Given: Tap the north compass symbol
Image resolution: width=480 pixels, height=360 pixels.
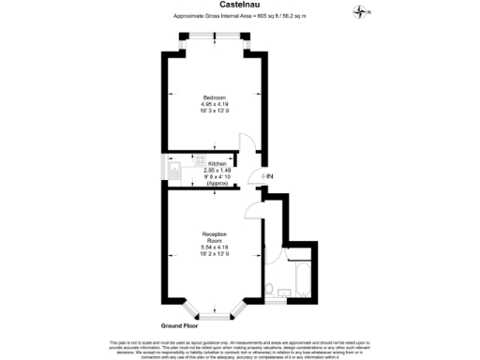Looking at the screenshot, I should tap(363, 11).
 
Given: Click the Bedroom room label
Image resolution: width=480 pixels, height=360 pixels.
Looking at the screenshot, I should tap(214, 97).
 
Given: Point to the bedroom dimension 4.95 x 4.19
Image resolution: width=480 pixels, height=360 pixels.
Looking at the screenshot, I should tap(214, 105).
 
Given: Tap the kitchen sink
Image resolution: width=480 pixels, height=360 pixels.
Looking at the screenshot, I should tap(176, 170).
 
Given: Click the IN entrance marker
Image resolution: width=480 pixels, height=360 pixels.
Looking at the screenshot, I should tap(267, 177).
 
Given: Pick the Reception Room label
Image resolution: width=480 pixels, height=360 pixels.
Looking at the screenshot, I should tap(214, 237).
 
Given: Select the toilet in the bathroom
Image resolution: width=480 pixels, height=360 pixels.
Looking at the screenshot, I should tap(270, 289).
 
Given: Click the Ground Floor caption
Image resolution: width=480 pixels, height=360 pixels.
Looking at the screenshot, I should tap(182, 324).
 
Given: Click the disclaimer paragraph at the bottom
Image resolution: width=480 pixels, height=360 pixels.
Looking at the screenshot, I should tap(240, 349).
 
